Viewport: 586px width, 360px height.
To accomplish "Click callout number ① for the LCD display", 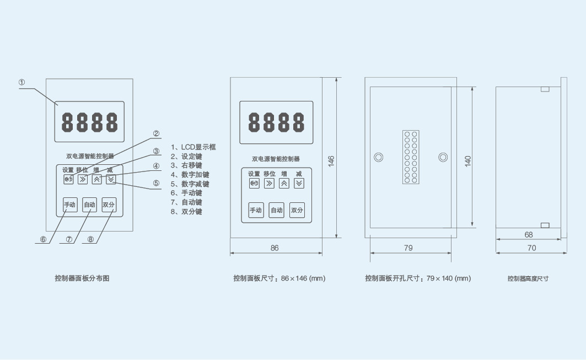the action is [21, 82].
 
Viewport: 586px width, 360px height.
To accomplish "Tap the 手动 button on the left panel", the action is [70, 205].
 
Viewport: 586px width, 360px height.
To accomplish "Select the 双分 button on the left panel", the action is [109, 205].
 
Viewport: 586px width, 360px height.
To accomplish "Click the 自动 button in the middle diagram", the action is [277, 210].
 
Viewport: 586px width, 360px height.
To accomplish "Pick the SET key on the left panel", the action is [68, 179].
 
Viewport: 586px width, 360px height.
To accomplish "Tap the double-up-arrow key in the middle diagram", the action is [284, 183].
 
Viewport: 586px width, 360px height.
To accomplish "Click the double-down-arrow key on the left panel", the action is [111, 179].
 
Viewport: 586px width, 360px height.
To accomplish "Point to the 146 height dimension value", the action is [331, 161].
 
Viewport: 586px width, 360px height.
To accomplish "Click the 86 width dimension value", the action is [275, 248].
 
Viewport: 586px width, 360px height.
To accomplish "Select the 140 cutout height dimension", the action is [467, 161].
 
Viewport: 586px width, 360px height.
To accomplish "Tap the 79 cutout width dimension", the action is [408, 248].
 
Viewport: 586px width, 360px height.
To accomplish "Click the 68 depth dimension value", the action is [529, 235].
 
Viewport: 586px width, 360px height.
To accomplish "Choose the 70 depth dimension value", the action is [531, 248].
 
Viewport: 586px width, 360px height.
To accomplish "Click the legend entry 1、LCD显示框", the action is [193, 147].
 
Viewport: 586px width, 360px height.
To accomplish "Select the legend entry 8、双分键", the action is [186, 212].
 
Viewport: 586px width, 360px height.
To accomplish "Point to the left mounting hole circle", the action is [379, 157].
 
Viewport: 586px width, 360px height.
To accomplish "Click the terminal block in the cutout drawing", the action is [411, 157].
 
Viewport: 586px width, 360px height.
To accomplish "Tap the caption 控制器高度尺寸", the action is [528, 278].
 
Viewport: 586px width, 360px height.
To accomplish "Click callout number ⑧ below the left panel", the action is [90, 239].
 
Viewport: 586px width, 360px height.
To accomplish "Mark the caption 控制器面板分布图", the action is [82, 278].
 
